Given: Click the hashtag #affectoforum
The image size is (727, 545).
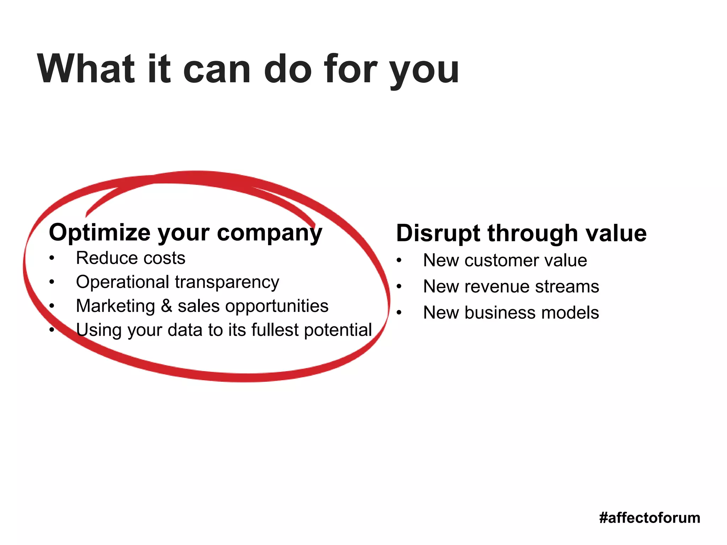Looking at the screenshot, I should coord(649,518).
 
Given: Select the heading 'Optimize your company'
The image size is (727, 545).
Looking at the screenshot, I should coord(185,233).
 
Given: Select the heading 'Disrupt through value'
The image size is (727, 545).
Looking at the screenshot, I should coord(521,233).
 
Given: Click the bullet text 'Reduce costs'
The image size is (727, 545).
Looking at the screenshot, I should coord(131,258).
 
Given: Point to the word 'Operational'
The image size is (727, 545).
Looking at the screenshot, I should coord(122,282).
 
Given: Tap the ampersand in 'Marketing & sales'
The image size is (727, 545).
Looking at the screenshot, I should coord(166,306).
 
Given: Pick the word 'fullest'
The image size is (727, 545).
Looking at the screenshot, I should coord(275,330).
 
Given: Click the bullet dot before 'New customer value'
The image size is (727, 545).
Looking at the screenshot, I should coord(399,261).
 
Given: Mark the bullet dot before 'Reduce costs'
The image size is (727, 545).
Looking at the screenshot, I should coord(52,258).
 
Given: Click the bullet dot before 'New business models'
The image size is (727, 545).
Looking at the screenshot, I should coord(399,313).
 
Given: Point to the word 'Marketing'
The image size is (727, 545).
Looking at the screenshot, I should coord(116,306).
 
